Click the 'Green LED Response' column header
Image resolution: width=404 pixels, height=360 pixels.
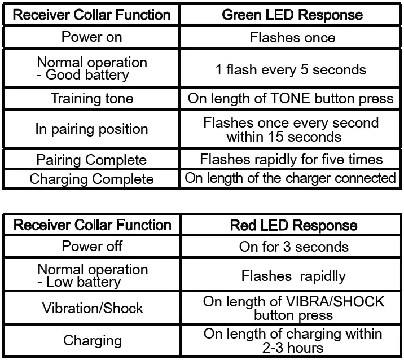click(x=292, y=15)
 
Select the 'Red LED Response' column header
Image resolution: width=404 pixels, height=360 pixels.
click(x=294, y=225)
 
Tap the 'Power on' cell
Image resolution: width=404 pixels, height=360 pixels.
click(x=92, y=37)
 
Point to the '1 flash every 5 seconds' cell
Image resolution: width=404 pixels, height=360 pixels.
click(x=291, y=69)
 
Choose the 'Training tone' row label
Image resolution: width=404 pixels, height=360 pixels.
click(x=92, y=98)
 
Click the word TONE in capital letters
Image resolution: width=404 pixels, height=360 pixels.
click(x=290, y=98)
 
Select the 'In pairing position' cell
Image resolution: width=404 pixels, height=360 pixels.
click(x=92, y=129)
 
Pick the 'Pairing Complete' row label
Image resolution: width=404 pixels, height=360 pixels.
click(x=91, y=160)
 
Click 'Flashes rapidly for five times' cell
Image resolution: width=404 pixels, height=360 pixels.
click(x=291, y=159)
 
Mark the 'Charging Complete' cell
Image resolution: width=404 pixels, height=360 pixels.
click(x=91, y=179)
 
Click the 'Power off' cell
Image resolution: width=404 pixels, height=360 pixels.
click(x=92, y=246)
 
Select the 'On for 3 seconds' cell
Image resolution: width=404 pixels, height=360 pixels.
click(x=294, y=247)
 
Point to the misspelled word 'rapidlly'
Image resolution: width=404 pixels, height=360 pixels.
click(x=323, y=276)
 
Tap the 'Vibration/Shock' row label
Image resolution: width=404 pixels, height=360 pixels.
click(x=93, y=308)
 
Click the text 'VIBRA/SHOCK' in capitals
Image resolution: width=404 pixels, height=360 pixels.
click(x=335, y=301)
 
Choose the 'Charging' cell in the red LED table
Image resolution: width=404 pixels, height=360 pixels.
click(x=93, y=340)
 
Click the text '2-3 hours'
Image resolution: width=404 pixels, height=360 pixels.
click(x=293, y=348)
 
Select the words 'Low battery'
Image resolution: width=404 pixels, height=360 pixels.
click(x=84, y=282)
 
